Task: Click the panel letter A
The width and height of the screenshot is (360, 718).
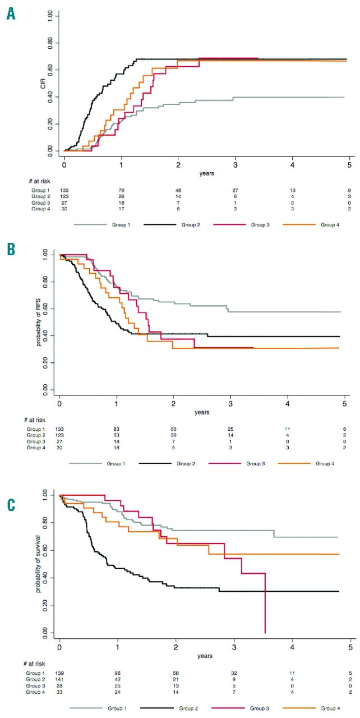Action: pos(11,14)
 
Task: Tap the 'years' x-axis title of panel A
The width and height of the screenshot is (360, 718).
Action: pos(206,173)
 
